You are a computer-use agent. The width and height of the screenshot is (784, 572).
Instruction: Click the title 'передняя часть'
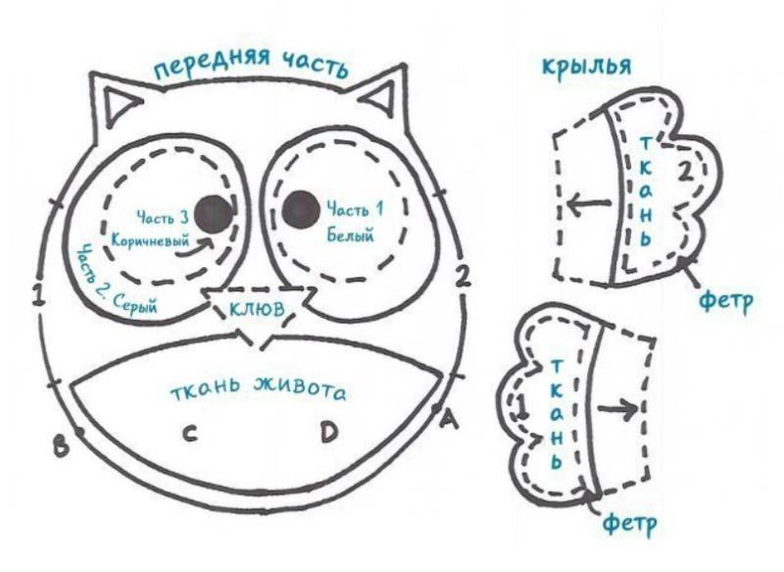[251, 64]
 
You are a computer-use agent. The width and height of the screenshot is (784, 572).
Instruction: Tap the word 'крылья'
[586, 66]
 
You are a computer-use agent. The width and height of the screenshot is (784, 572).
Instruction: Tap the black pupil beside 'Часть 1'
[301, 209]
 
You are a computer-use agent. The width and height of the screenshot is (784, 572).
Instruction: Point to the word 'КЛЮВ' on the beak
[257, 308]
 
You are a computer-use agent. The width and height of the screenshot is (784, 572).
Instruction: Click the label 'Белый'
[350, 234]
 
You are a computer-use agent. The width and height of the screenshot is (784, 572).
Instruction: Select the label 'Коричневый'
[151, 240]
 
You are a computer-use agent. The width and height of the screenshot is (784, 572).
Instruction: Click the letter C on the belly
[188, 434]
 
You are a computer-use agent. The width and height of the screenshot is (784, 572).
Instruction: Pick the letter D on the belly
[328, 432]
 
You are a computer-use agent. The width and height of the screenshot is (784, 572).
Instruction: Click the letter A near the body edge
[449, 419]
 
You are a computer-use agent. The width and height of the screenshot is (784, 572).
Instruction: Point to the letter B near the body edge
[61, 445]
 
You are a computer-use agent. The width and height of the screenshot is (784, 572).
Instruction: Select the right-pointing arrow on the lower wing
[617, 409]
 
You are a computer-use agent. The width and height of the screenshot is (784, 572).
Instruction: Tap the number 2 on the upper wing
[687, 171]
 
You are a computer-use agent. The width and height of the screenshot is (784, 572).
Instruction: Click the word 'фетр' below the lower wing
[630, 524]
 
